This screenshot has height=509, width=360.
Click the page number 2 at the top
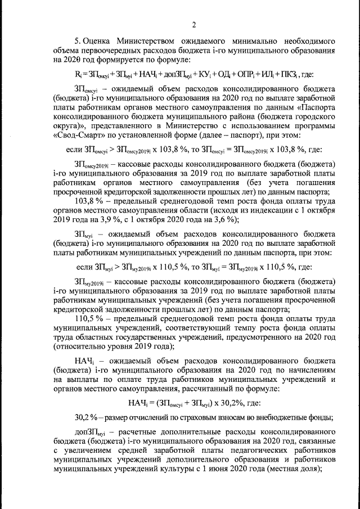click(193, 24)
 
